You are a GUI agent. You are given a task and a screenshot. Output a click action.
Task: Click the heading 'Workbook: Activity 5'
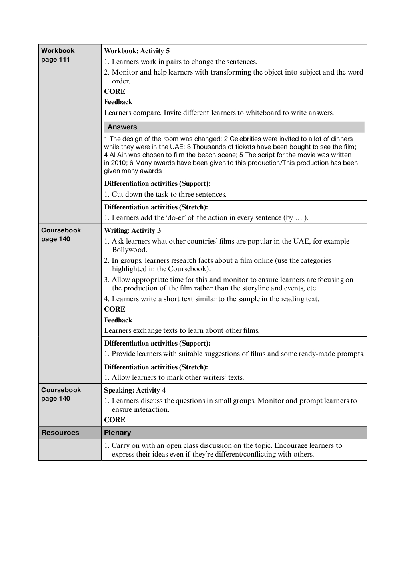(137, 51)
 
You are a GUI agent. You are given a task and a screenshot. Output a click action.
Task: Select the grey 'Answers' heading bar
(234, 127)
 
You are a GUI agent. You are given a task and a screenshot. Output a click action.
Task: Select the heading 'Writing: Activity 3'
(132, 230)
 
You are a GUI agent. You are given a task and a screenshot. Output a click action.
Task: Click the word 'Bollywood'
(129, 250)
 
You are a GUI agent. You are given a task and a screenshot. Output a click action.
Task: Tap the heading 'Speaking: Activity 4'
(135, 390)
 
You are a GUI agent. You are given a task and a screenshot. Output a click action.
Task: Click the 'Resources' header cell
(60, 433)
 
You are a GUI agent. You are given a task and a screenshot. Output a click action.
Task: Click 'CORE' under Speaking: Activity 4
(114, 420)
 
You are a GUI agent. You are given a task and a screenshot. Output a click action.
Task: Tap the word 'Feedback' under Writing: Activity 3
(118, 320)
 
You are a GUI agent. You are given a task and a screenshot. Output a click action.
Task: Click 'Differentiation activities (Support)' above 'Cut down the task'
(157, 183)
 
